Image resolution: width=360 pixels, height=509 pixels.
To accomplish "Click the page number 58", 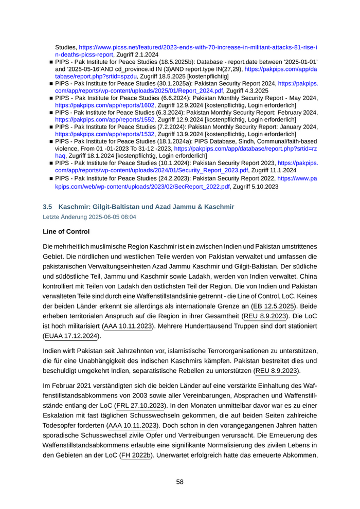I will (179, 482).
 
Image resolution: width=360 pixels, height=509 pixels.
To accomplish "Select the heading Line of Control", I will (66, 232).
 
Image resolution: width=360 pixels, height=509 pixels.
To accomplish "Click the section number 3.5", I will (47, 207).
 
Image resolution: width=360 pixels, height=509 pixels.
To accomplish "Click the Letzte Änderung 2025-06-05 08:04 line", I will (89, 217).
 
